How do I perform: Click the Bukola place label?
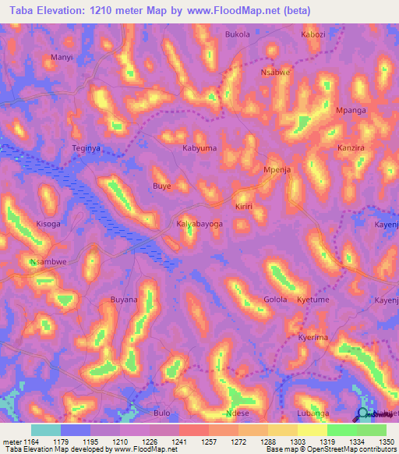[x=238, y=35]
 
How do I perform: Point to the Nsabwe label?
[x=275, y=72]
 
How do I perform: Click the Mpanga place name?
[x=351, y=111]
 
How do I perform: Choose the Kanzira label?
[x=352, y=147]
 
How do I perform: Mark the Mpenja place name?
[x=277, y=170]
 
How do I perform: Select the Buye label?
[x=161, y=186]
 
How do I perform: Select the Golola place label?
[x=275, y=300]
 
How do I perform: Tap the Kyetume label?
[x=314, y=300]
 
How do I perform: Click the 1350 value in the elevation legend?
[x=387, y=442]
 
